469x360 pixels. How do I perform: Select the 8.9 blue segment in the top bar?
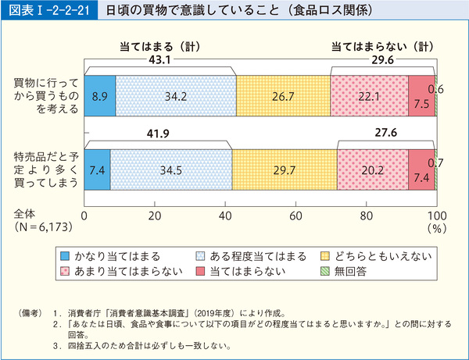click(99, 95)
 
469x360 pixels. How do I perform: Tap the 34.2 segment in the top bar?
click(175, 95)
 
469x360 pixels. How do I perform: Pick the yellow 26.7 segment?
click(282, 95)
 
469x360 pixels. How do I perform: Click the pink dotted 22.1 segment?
click(369, 95)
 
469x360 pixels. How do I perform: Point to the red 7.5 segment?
click(421, 95)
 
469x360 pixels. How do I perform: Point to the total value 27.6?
click(386, 134)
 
